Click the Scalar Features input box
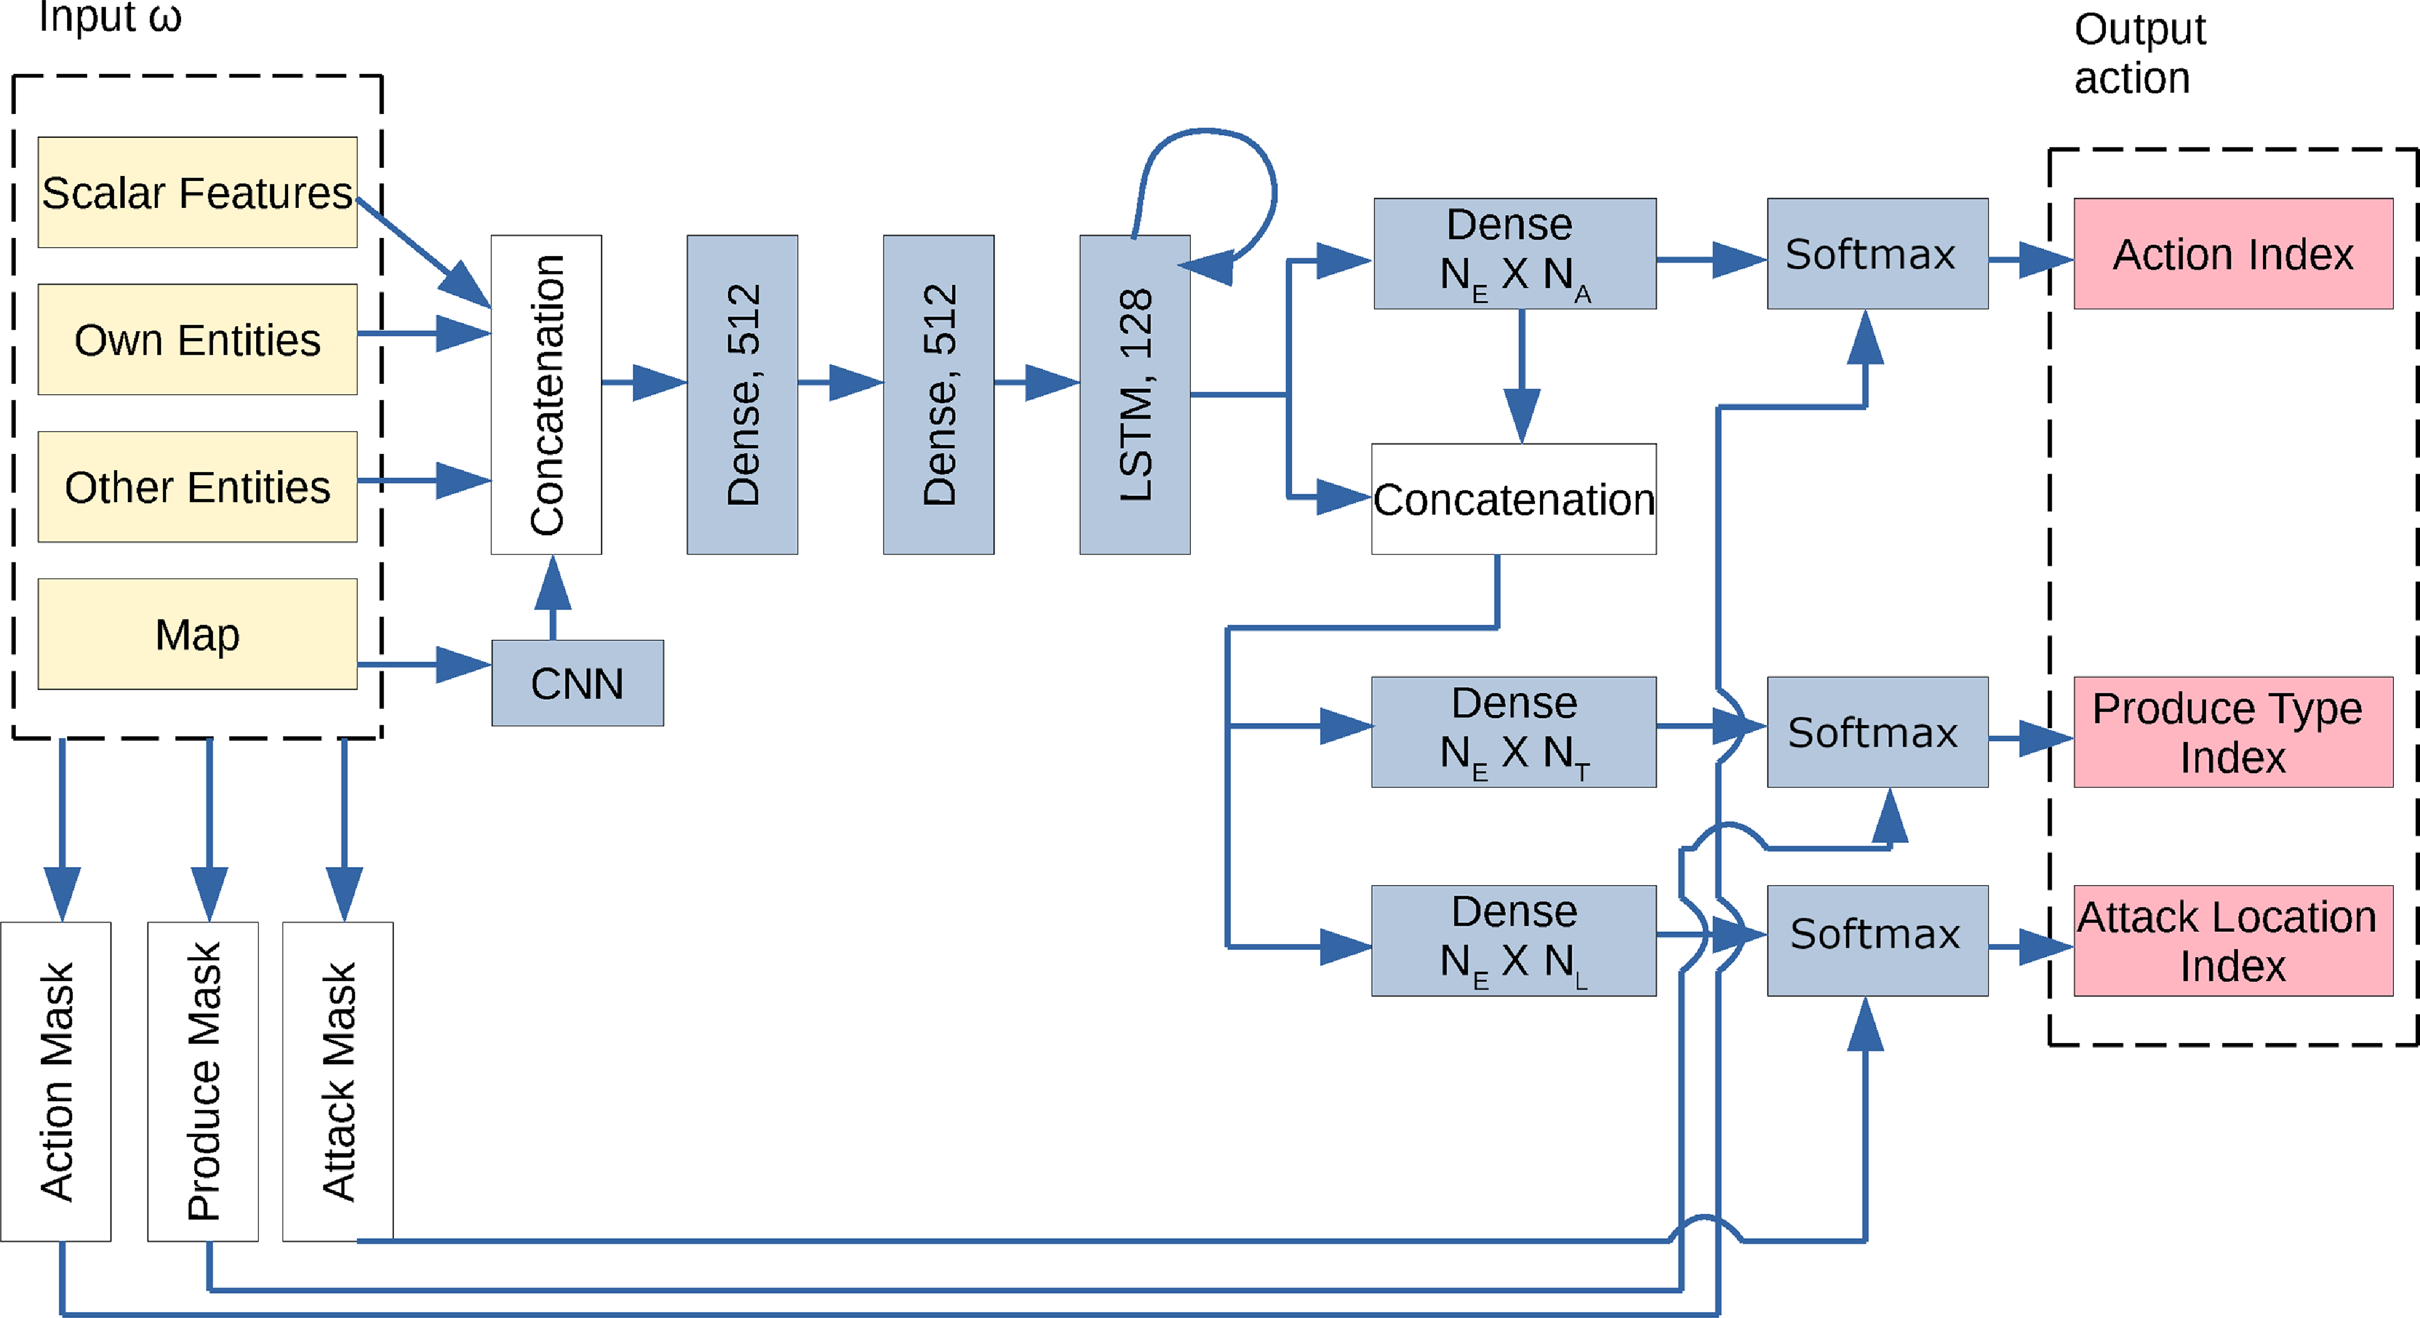click(x=198, y=192)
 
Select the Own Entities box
click(x=198, y=339)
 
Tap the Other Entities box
click(x=198, y=487)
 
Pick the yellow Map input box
click(x=198, y=634)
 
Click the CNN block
click(x=577, y=683)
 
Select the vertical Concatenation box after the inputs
click(x=546, y=395)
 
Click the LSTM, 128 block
click(x=1135, y=395)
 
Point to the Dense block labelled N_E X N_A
click(x=1514, y=254)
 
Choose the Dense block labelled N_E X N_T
click(x=1514, y=732)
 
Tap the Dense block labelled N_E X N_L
click(x=1514, y=941)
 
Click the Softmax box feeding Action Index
click(x=1877, y=254)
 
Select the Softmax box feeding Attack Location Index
click(x=1877, y=941)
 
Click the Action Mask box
click(x=55, y=1081)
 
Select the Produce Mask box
click(x=202, y=1081)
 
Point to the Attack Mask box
click(x=337, y=1081)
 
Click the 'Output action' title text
click(x=2139, y=54)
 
